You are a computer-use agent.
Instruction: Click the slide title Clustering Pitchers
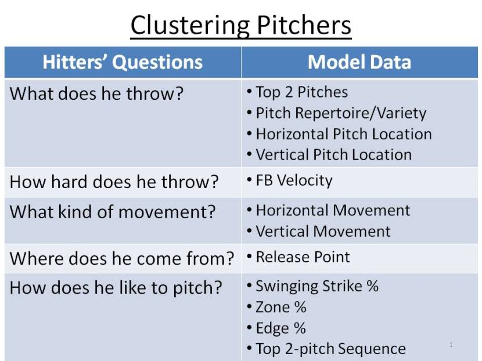point(240,26)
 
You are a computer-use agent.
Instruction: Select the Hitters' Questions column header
point(123,63)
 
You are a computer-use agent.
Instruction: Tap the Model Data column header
point(359,63)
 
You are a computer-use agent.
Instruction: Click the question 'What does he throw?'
point(96,93)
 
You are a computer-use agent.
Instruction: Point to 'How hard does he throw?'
point(114,182)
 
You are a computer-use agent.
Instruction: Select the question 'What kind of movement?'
point(113,212)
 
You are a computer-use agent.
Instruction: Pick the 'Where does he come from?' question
point(122,258)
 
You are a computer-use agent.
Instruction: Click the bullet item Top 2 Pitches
point(301,92)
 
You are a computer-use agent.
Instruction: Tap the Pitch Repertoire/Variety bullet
point(340,113)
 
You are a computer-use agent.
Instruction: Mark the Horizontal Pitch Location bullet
point(343,134)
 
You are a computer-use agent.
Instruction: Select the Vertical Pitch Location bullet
point(333,155)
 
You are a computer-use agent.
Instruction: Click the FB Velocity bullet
point(294,180)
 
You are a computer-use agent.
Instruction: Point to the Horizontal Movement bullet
point(333,210)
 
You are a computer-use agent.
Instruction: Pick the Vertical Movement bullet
point(323,231)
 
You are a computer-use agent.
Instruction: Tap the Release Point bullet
point(303,257)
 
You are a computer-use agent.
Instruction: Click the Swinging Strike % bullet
point(317,287)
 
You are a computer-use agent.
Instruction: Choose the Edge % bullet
point(280,328)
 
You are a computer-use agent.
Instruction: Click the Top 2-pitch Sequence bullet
point(330,349)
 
